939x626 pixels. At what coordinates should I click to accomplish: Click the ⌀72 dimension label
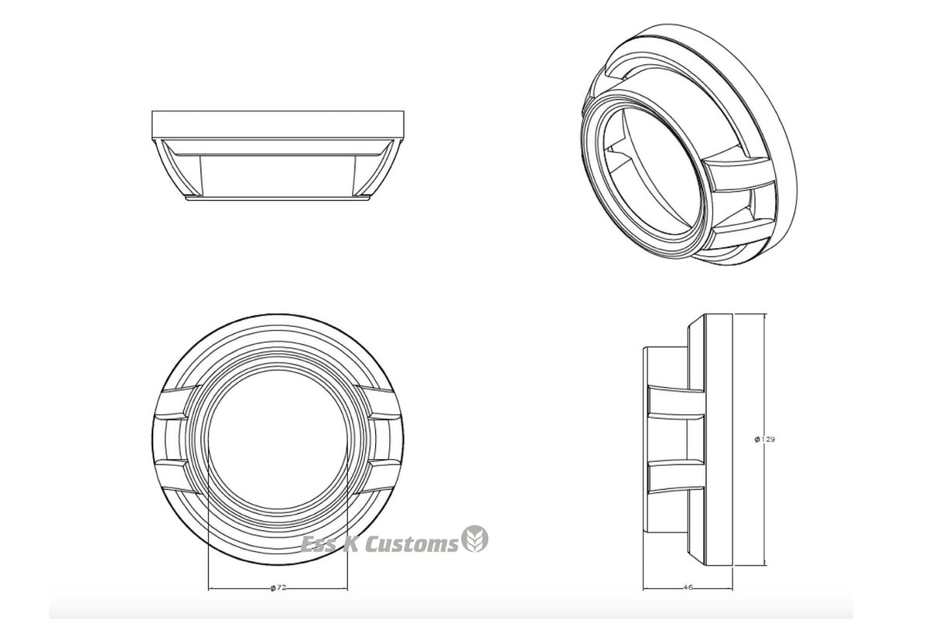click(x=278, y=587)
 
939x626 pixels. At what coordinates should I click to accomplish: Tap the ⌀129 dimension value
click(x=765, y=439)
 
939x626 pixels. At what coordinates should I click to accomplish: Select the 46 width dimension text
click(x=688, y=587)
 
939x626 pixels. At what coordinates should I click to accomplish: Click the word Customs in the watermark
click(x=412, y=544)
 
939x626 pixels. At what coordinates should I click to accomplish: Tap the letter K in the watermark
click(x=350, y=544)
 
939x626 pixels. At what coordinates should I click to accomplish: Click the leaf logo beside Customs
click(x=475, y=539)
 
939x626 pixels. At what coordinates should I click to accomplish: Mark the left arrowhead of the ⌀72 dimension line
click(x=211, y=589)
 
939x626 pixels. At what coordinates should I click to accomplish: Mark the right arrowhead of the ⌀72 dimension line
click(x=344, y=589)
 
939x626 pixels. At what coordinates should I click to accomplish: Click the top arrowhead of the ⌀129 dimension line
click(x=765, y=317)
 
